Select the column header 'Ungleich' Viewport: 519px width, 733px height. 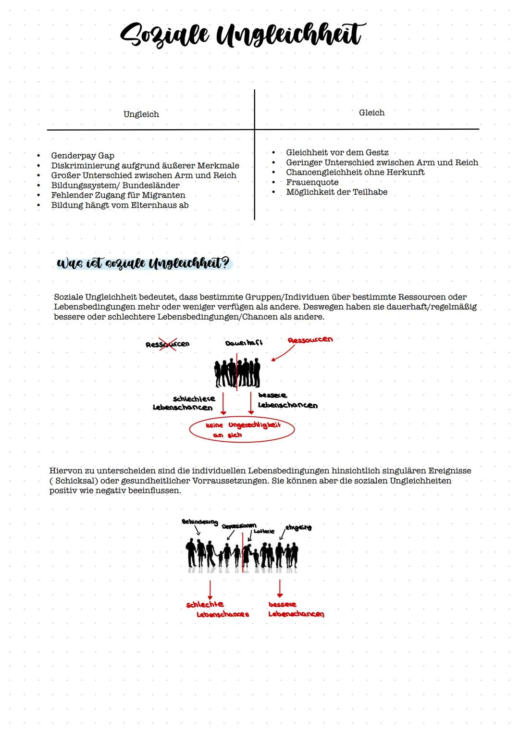(141, 114)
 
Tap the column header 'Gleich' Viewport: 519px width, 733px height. (371, 112)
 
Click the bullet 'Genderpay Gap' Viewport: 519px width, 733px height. (83, 156)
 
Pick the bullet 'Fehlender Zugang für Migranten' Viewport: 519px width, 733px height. (118, 195)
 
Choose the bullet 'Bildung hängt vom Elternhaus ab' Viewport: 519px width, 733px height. (120, 205)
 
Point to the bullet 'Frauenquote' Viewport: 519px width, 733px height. (312, 182)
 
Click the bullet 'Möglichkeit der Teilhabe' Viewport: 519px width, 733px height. (336, 192)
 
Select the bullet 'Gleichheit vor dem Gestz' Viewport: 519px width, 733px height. (337, 152)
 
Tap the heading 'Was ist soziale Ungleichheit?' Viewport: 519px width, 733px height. (143, 264)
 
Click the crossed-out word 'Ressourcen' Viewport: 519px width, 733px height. (167, 344)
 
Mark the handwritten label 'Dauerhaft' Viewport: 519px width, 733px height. (244, 343)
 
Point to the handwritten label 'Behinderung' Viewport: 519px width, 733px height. (199, 522)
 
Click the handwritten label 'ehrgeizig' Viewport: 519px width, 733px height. (298, 527)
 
